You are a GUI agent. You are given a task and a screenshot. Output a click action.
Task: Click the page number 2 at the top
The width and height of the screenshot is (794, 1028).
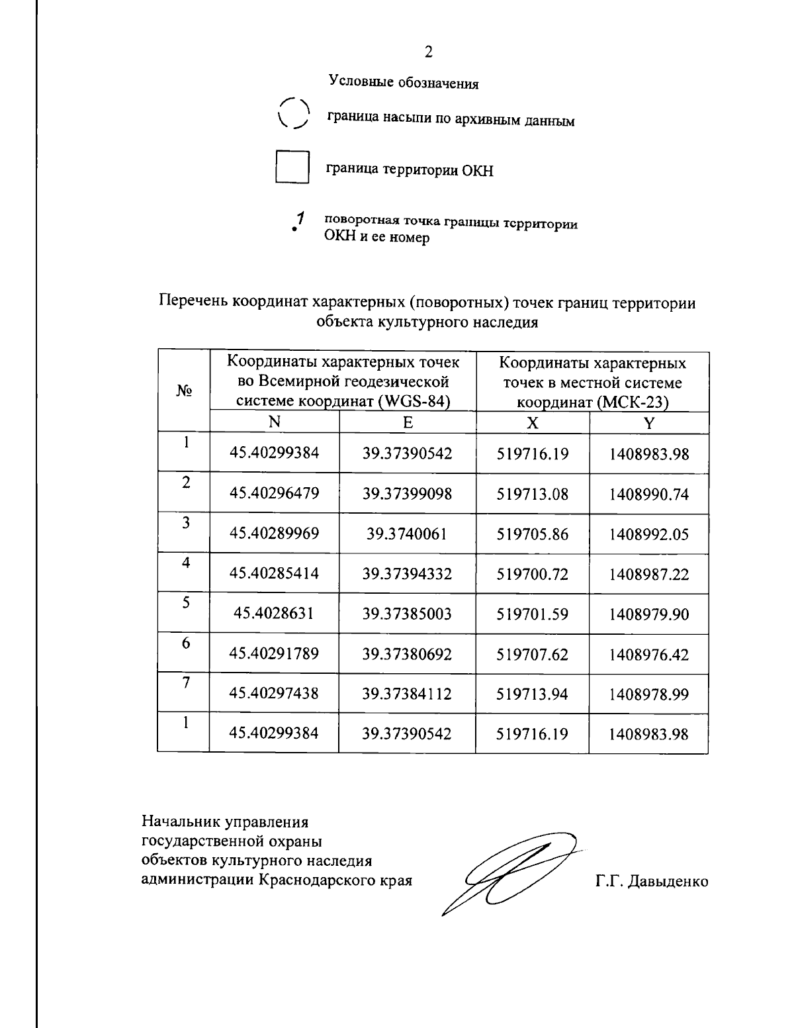point(428,52)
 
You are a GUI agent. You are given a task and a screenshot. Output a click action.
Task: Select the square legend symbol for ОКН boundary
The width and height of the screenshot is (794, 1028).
point(292,167)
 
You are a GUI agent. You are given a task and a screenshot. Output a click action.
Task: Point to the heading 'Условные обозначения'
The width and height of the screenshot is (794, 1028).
point(404,83)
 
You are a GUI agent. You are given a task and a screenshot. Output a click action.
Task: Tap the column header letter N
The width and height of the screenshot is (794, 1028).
point(274,422)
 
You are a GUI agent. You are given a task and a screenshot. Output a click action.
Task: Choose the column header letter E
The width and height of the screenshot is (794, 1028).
point(408,422)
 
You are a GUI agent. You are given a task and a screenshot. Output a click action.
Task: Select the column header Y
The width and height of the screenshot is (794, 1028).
point(649,423)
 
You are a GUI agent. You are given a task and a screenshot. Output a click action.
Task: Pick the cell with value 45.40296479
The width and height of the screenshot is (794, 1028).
point(274,493)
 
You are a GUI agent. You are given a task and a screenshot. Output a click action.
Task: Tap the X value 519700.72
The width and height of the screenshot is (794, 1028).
point(533,574)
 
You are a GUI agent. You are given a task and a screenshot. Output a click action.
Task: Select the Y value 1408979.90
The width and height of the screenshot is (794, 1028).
point(649,614)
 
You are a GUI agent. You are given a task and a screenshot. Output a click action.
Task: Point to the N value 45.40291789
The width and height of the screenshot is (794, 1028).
point(274,654)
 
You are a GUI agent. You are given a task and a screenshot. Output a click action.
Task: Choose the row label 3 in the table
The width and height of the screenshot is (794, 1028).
point(187,522)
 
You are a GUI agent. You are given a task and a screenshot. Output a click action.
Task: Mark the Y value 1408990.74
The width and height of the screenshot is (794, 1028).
point(649,494)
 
